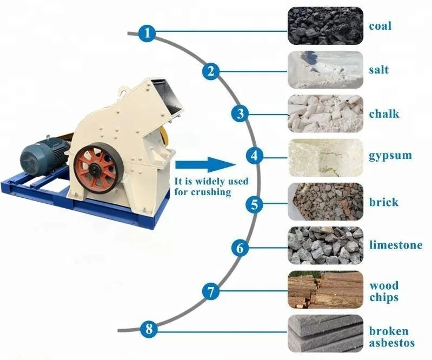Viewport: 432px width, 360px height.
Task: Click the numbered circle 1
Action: click(x=147, y=34)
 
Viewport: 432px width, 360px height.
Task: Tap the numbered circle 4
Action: click(x=254, y=157)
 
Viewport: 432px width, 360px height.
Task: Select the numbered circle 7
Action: click(x=211, y=292)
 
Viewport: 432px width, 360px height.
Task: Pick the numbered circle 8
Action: click(x=149, y=329)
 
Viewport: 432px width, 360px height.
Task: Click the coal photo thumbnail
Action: click(x=325, y=25)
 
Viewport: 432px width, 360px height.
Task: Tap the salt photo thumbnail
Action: click(x=325, y=70)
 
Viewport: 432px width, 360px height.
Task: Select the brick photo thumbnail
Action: click(x=325, y=202)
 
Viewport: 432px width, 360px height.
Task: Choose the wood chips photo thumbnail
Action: click(x=325, y=290)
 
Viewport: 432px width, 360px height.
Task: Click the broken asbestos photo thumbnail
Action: click(x=325, y=334)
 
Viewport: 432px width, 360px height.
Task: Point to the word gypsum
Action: click(x=390, y=156)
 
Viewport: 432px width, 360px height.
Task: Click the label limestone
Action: click(x=395, y=245)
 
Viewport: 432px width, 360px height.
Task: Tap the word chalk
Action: click(x=384, y=114)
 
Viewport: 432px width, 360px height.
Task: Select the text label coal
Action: click(x=380, y=26)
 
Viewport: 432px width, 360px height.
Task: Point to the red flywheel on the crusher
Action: click(x=95, y=168)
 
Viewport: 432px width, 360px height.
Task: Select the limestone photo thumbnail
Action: click(x=325, y=246)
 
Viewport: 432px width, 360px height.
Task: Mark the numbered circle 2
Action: click(x=211, y=71)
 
